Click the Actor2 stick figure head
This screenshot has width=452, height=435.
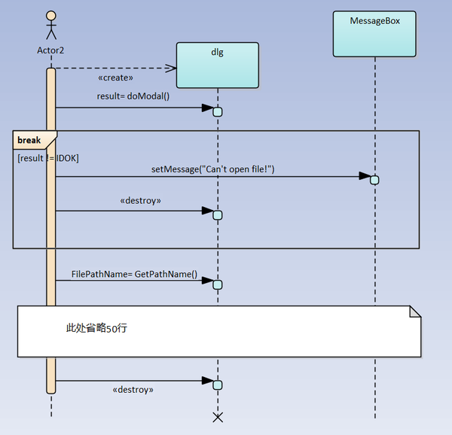51,16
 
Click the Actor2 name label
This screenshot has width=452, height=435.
51,51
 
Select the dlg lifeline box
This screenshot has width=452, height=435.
217,65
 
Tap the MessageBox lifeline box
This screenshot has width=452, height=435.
374,34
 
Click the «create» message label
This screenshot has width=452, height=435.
116,78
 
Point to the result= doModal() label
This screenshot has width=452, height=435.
133,96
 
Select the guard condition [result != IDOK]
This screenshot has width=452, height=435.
47,158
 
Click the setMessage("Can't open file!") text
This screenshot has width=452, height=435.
213,169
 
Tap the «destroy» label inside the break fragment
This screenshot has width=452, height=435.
141,202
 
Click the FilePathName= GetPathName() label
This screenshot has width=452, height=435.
134,275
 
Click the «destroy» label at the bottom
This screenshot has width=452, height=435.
133,390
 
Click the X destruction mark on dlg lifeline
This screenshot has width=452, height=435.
218,416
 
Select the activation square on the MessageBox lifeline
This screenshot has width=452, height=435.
374,180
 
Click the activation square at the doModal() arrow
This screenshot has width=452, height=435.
218,112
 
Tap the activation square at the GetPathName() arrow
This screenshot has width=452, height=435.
218,284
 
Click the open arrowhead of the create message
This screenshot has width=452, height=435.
170,68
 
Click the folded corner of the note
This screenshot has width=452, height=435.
414,312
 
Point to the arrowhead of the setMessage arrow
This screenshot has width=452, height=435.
365,177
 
